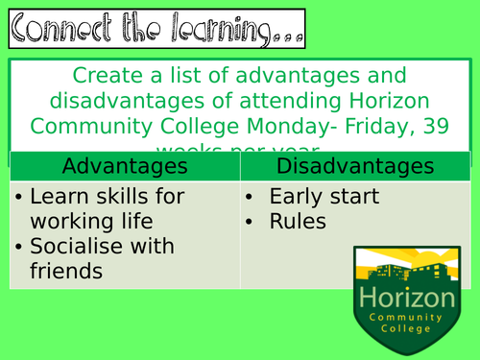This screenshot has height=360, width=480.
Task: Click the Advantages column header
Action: coord(124,166)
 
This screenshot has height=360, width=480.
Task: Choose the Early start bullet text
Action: coord(324,197)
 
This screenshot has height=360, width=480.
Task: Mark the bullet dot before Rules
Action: coord(251,222)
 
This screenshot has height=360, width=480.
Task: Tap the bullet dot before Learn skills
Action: coord(20,197)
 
